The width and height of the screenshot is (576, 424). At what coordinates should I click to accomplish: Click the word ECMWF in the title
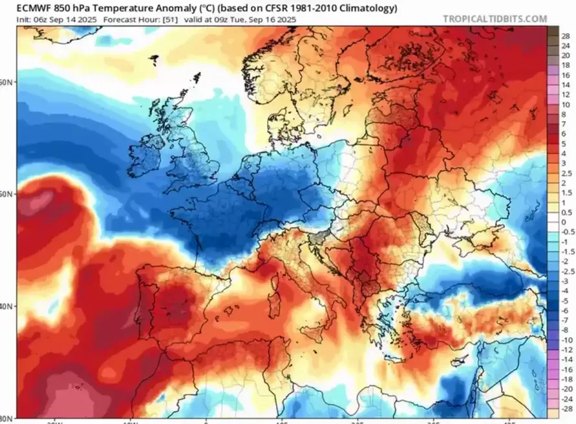(x=37, y=8)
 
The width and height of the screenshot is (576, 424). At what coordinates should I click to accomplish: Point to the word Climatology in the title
(x=369, y=8)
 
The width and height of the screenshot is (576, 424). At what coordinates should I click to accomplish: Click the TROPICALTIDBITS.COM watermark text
(x=495, y=19)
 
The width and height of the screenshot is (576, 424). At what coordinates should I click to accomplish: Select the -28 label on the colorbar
(x=566, y=410)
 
